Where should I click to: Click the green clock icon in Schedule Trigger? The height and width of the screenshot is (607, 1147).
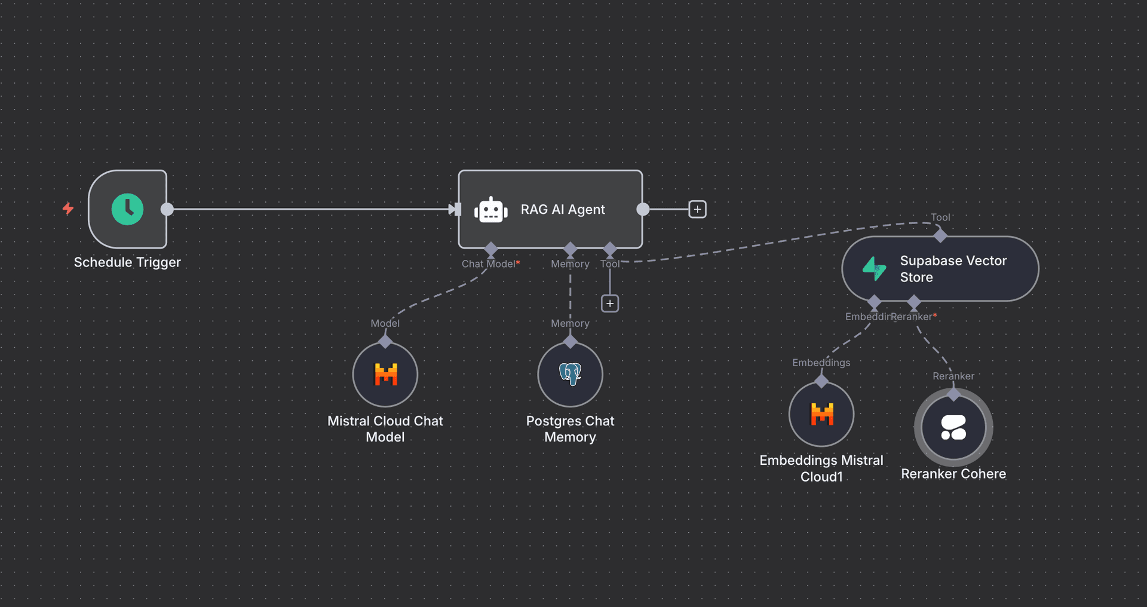(127, 209)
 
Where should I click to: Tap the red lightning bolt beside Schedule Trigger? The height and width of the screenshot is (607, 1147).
(68, 209)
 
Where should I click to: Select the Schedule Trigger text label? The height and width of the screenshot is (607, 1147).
(127, 262)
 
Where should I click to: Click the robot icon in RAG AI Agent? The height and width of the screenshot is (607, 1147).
(490, 210)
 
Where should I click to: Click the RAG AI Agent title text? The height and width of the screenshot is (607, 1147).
(563, 210)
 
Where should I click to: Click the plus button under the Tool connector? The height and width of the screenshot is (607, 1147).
(609, 303)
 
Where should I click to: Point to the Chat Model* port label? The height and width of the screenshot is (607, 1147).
(490, 264)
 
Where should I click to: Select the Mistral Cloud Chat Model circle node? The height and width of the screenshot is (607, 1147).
(385, 375)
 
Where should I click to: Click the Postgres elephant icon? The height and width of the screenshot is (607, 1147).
(571, 374)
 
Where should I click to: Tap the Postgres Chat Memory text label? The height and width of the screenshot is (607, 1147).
(570, 429)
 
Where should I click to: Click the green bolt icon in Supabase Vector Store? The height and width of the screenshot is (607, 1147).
(874, 269)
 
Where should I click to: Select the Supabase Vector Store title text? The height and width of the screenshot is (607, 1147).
(952, 269)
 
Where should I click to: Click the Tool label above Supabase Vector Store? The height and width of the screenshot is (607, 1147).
(940, 217)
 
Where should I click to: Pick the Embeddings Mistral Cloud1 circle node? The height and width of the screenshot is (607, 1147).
(821, 414)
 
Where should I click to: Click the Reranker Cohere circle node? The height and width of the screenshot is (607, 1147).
(953, 427)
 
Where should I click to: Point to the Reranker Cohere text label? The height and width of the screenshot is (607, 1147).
(953, 474)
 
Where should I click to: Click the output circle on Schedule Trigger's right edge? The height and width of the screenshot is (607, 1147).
(167, 209)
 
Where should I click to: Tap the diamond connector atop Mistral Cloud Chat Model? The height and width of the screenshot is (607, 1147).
(385, 342)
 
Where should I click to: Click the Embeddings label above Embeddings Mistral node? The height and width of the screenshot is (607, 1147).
(821, 363)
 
